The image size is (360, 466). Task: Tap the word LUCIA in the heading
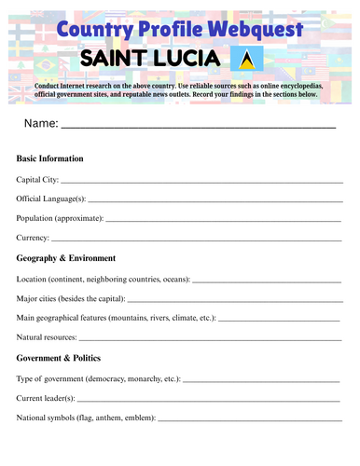point(187,62)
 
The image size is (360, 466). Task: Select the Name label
point(40,124)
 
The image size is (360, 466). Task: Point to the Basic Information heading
point(50,159)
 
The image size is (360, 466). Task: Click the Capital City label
point(37,179)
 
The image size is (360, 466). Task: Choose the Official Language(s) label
point(51,199)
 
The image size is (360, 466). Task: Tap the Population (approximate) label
point(60,219)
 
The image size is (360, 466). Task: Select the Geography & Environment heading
point(66,258)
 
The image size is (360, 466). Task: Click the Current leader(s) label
point(46,398)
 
